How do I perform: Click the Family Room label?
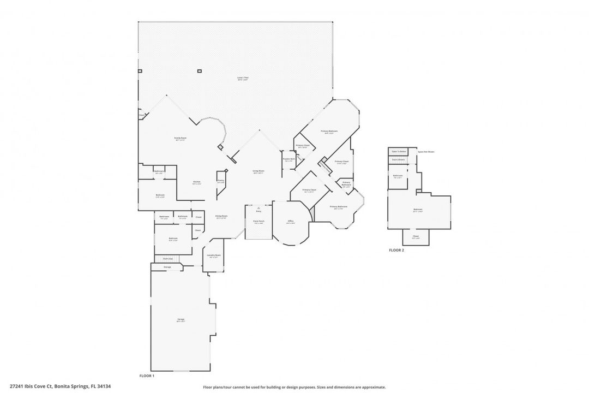[180, 139]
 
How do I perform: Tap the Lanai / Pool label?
[243, 78]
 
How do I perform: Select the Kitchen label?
[197, 183]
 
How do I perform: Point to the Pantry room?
[221, 181]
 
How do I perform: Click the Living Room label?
[258, 172]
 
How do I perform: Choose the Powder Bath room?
[287, 160]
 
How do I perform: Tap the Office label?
[291, 222]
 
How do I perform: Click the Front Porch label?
[258, 222]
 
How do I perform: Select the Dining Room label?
[221, 217]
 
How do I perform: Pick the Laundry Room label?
[214, 256]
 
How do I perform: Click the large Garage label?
[181, 320]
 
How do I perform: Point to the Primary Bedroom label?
[329, 132]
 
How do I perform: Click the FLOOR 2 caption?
[396, 251]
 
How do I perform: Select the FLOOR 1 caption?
[147, 376]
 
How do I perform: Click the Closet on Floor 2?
[416, 237]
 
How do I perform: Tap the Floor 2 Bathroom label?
[398, 176]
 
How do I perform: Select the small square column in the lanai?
[199, 70]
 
